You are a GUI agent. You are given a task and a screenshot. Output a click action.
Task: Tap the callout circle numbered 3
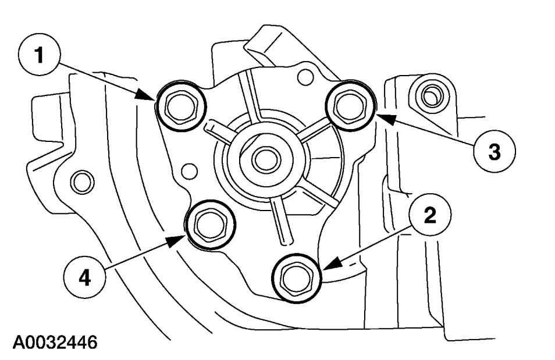tap(494, 152)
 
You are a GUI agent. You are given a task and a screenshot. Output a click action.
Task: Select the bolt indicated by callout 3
tap(351, 105)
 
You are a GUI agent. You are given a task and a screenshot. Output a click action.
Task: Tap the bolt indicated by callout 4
tap(209, 224)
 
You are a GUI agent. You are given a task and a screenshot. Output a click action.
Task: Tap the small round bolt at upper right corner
tap(430, 95)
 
